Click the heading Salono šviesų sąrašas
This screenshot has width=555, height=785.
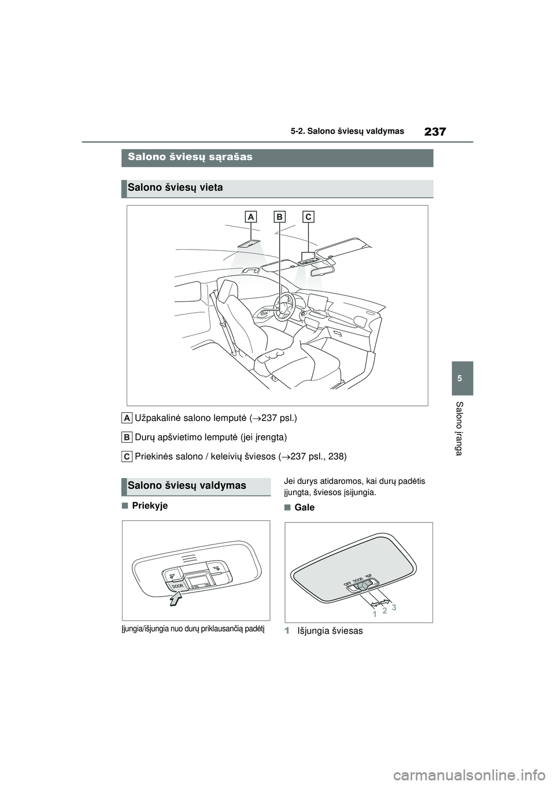pos(190,157)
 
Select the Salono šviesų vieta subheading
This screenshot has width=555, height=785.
pos(175,188)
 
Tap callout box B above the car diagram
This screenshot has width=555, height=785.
pos(279,217)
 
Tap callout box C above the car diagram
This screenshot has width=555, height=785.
pos(308,217)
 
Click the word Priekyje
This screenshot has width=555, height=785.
pos(150,506)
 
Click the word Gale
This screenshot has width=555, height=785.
pos(304,508)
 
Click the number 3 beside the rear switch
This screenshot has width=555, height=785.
pos(394,608)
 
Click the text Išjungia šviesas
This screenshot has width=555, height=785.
pos(330,631)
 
